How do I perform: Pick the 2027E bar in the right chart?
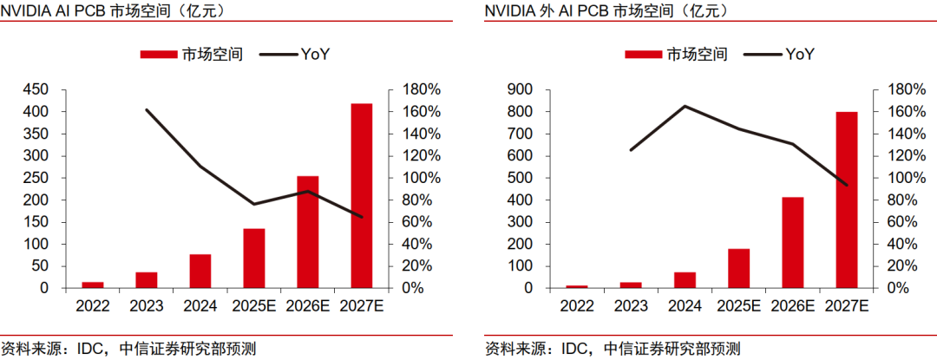pyautogui.click(x=847, y=200)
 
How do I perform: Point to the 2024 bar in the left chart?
pyautogui.click(x=200, y=271)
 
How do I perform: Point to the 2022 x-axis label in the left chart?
pyautogui.click(x=93, y=305)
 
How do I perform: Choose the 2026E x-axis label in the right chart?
pyautogui.click(x=793, y=305)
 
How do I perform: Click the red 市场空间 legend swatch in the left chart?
pyautogui.click(x=159, y=55)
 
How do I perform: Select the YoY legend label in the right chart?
pyautogui.click(x=800, y=55)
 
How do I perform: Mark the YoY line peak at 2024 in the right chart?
pyautogui.click(x=685, y=107)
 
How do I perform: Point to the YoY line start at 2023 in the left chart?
pyautogui.click(x=147, y=110)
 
